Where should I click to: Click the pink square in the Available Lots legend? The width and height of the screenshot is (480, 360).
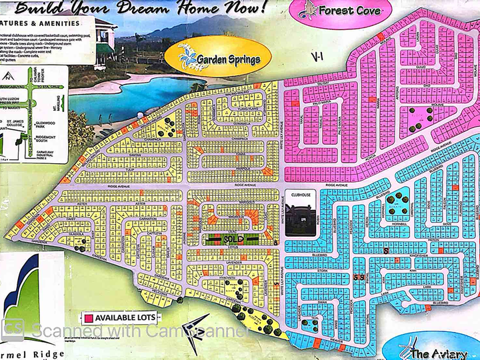pos(87,317)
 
